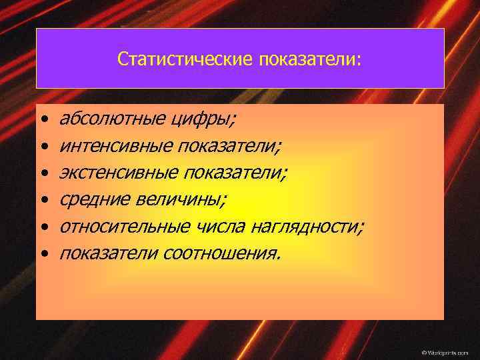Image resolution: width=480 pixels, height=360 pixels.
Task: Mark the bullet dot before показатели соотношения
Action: tap(43, 253)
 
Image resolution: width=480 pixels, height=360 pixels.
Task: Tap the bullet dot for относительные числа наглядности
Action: tap(43, 227)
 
